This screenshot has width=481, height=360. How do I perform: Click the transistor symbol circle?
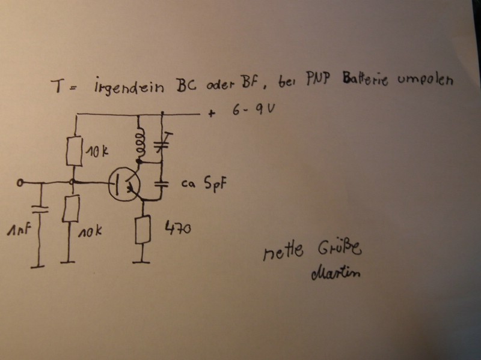tap(109, 184)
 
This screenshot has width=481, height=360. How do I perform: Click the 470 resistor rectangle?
tap(142, 229)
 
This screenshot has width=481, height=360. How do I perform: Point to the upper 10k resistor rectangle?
tap(75, 151)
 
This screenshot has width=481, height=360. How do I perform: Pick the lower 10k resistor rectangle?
tap(71, 208)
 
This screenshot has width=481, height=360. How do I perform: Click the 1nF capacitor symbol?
tap(40, 209)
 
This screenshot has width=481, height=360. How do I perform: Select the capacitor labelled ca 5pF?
tap(161, 184)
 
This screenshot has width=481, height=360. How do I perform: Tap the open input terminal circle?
tap(20, 183)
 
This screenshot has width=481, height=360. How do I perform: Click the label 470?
tap(178, 228)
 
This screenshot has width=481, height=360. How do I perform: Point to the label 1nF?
tap(19, 230)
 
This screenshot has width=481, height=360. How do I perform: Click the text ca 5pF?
tap(204, 184)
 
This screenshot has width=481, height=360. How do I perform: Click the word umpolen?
tap(425, 80)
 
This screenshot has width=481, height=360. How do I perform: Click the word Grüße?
tap(340, 248)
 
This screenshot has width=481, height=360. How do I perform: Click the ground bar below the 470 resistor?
tap(141, 262)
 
